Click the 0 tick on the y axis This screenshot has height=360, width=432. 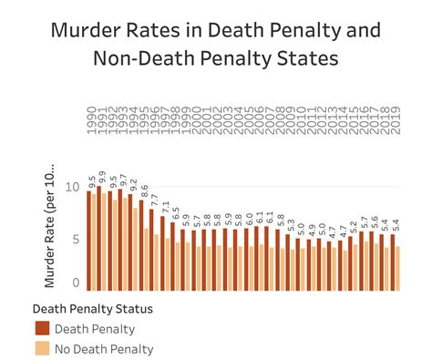[x=77, y=283]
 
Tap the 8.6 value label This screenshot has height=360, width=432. [x=142, y=190]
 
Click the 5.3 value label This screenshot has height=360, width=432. [x=290, y=222]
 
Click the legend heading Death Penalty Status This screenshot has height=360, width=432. [x=92, y=308]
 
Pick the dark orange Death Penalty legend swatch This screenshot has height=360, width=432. [x=42, y=329]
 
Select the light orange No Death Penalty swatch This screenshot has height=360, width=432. [x=42, y=349]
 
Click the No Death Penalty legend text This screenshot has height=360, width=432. [x=104, y=349]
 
